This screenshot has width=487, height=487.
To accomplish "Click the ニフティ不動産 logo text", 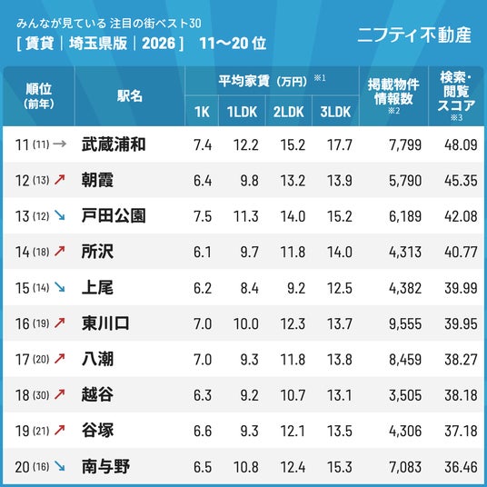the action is click(x=414, y=35).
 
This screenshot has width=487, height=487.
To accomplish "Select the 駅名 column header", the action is click(x=130, y=96).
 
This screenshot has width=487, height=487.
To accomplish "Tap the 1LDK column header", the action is click(x=242, y=112).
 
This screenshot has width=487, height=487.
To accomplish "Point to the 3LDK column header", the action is click(x=335, y=112).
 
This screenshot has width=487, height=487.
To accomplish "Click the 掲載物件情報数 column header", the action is click(x=393, y=92).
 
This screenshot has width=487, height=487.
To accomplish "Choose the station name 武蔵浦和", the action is click(x=114, y=144).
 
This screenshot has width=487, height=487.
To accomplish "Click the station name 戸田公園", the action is click(x=114, y=216).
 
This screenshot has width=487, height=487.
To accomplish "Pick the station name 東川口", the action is click(x=105, y=323).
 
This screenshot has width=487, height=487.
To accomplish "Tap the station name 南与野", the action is click(x=105, y=466).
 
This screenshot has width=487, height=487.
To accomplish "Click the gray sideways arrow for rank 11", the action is click(x=60, y=144).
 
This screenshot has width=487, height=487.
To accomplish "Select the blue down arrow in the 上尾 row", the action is click(x=60, y=287).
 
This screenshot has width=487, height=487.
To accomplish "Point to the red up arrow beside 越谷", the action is click(x=60, y=394).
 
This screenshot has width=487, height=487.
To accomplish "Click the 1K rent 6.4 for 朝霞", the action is click(x=203, y=181).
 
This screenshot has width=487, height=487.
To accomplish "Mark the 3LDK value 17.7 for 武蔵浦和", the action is click(x=340, y=144).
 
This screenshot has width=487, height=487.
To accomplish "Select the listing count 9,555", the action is click(x=405, y=324).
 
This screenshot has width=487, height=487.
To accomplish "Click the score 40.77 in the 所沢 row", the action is click(x=461, y=252).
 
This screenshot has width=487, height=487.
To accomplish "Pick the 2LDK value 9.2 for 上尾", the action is click(x=296, y=288).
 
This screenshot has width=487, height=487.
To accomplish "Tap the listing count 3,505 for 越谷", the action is click(x=405, y=395).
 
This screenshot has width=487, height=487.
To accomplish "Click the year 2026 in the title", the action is click(x=158, y=44).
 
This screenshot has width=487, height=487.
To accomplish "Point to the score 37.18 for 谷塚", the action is click(x=461, y=431).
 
